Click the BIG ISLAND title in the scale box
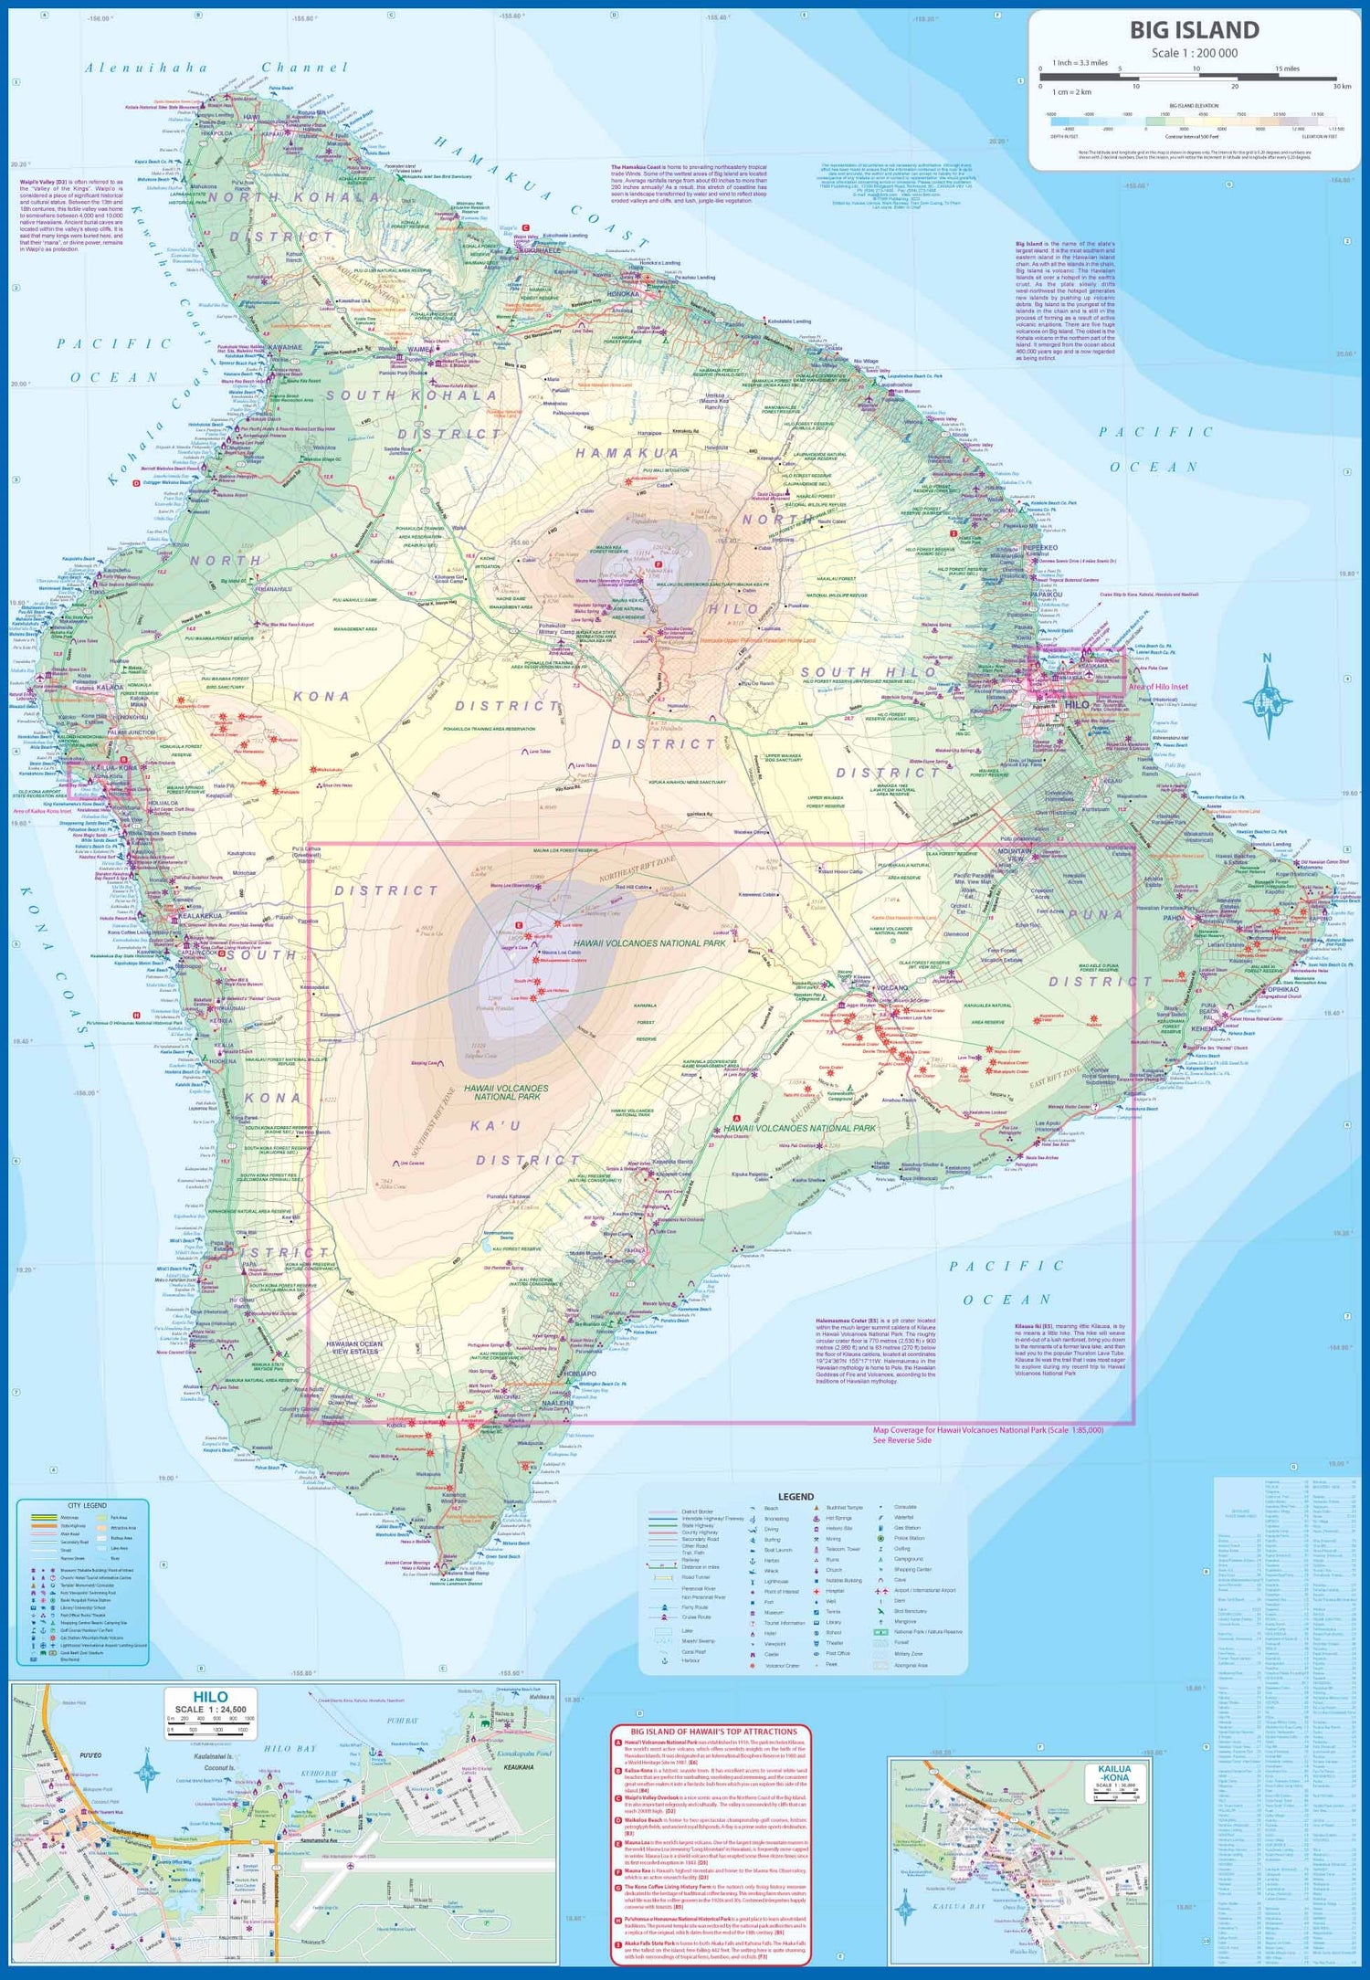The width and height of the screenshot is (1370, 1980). pos(1194,30)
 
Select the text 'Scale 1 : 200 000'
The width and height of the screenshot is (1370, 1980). pos(1194,53)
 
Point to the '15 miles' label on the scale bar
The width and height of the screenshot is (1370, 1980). pos(1287,69)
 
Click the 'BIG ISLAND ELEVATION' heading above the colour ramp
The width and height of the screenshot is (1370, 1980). pos(1194,106)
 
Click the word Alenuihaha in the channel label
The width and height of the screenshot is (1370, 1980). pos(146,68)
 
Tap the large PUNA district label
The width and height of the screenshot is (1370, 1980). pos(1095,914)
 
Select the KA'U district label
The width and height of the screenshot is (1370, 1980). pos(495,1126)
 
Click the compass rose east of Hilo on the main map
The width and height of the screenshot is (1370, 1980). pos(1267,698)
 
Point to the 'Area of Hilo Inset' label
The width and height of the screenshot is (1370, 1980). pos(1158,687)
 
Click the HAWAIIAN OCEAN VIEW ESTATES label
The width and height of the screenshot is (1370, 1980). pos(354,1348)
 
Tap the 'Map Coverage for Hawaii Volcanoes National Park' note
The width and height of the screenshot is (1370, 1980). pos(987,1430)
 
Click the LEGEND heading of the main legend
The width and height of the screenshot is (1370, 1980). pos(795,1497)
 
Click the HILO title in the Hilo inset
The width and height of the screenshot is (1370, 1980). pos(210,1697)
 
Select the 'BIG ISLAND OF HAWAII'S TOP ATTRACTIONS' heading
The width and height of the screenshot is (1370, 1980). pos(713,1731)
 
